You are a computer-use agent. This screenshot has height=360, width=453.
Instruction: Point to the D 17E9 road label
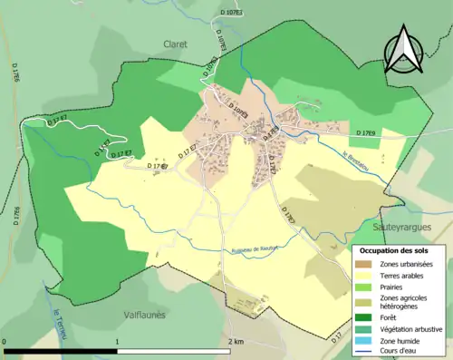point(367,133)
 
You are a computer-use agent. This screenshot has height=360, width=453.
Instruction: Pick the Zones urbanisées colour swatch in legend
point(365,264)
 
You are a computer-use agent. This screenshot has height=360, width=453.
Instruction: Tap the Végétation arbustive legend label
point(413,329)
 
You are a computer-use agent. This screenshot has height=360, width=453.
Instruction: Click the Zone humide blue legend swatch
point(365,342)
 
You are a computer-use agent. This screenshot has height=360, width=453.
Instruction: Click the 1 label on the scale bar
point(118,342)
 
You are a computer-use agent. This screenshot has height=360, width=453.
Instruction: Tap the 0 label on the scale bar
point(5,342)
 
